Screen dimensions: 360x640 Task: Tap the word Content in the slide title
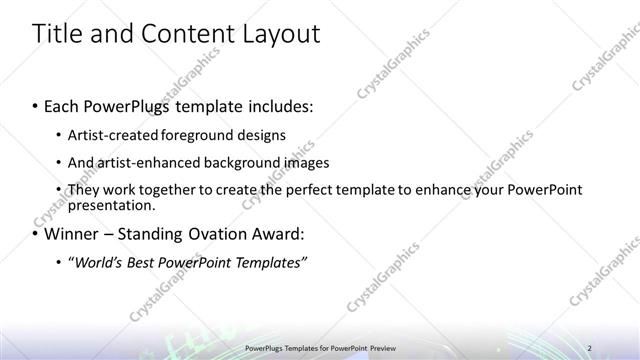pyautogui.click(x=187, y=34)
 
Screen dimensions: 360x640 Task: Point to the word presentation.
pyautogui.click(x=111, y=205)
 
